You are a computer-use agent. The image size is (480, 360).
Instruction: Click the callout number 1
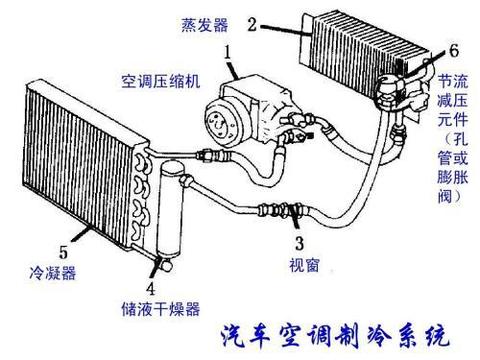(229, 49)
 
